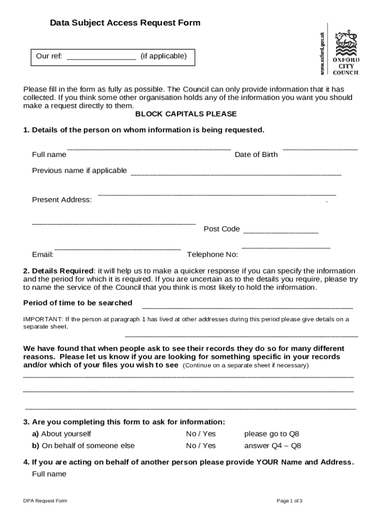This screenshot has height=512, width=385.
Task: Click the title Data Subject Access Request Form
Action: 125,23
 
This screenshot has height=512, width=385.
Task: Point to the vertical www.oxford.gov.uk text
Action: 322,53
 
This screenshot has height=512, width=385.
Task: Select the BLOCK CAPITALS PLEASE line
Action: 186,114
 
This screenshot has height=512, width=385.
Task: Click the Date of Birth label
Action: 256,154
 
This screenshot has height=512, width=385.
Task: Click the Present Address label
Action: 62,200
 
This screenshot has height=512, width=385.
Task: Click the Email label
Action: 43,254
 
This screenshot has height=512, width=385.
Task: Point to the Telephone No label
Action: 212,254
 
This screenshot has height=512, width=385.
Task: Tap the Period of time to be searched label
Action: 78,303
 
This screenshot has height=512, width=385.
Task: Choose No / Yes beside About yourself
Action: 201,434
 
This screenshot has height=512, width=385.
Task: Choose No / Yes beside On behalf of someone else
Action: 201,445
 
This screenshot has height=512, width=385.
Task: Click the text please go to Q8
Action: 271,434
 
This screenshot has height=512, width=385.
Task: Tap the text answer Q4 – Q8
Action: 272,445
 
